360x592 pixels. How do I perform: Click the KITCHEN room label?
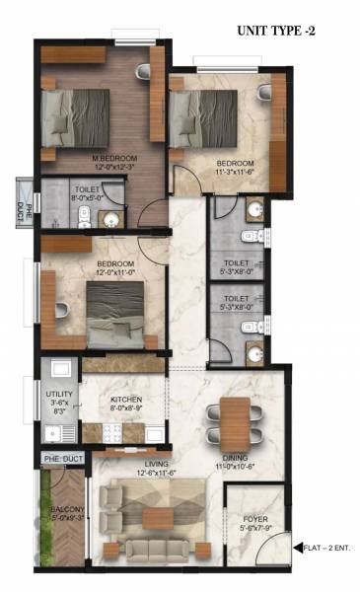point(127,400)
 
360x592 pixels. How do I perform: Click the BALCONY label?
point(68,510)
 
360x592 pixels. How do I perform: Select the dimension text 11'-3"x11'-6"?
point(235,173)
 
